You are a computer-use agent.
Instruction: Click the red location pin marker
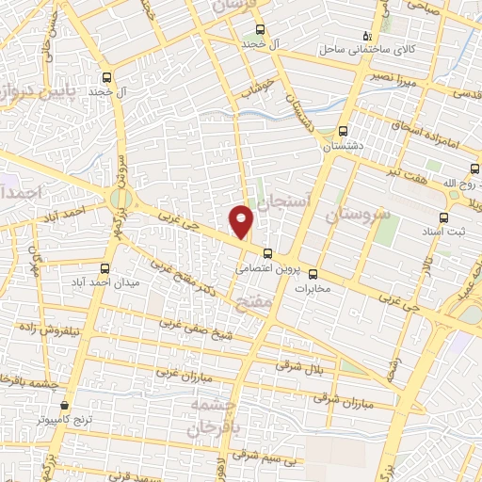coord(242,221)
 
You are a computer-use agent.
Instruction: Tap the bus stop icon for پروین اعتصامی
coord(268,252)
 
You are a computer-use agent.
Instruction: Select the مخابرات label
coord(317,288)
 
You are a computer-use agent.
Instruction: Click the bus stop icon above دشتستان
coord(343,132)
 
